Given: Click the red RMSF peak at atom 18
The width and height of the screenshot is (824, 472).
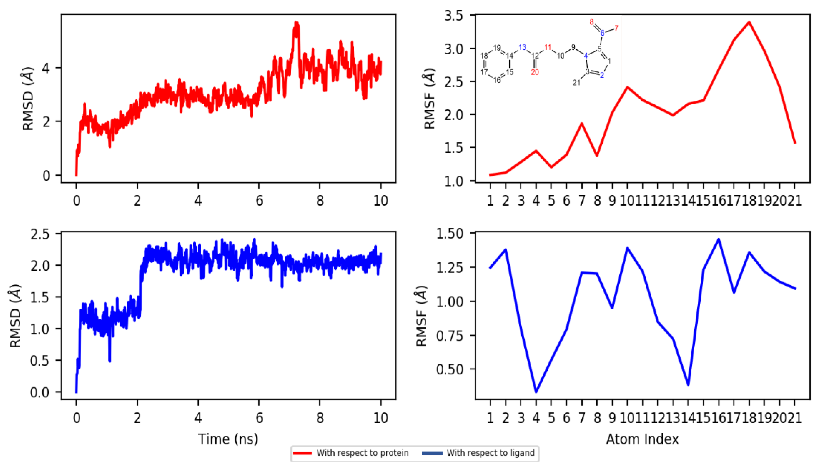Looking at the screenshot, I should pyautogui.click(x=749, y=22).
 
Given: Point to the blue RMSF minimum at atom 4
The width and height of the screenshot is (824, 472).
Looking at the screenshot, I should pyautogui.click(x=536, y=392).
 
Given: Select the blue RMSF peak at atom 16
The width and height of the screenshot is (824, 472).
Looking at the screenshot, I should pyautogui.click(x=719, y=239).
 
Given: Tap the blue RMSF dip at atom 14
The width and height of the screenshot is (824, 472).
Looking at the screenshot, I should pyautogui.click(x=688, y=385).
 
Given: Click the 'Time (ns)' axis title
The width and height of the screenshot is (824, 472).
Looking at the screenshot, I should pyautogui.click(x=228, y=439).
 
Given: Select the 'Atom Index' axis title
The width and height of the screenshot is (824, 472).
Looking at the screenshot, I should pyautogui.click(x=642, y=439).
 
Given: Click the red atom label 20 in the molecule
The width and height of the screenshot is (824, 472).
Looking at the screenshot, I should pyautogui.click(x=535, y=72).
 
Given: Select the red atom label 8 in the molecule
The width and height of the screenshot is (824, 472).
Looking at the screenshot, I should pyautogui.click(x=592, y=22).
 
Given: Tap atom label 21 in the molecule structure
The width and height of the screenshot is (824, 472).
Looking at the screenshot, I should pyautogui.click(x=576, y=83).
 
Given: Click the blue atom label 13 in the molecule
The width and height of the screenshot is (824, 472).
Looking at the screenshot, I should pyautogui.click(x=522, y=48).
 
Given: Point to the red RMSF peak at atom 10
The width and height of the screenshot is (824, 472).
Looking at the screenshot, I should pyautogui.click(x=627, y=87).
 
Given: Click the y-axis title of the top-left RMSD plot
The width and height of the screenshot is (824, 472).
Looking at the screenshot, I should pyautogui.click(x=28, y=99).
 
